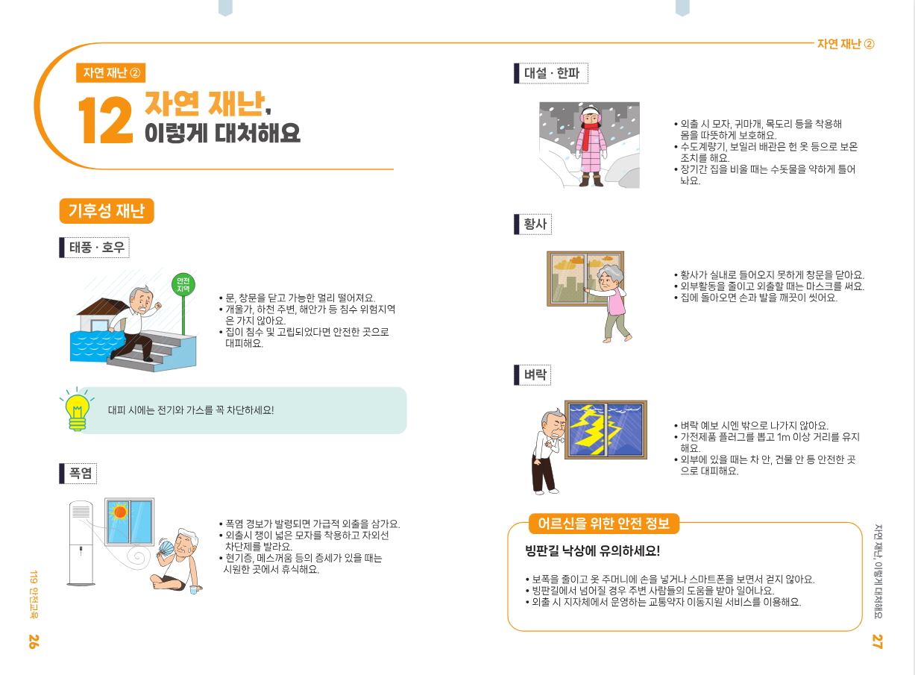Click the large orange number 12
click(105, 120)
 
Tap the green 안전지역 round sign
click(183, 285)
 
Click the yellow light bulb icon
click(78, 409)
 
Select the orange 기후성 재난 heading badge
click(107, 211)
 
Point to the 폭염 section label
click(78, 473)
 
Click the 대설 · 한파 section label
click(551, 73)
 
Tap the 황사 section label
click(532, 224)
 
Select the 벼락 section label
click(532, 374)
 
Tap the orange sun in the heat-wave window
click(119, 511)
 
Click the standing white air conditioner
click(81, 543)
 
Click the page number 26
click(34, 641)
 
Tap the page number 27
click(877, 641)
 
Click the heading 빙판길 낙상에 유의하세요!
click(592, 550)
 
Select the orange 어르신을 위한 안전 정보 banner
click(604, 524)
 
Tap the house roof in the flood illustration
click(102, 307)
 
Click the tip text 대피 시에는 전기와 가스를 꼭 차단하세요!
click(191, 409)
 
